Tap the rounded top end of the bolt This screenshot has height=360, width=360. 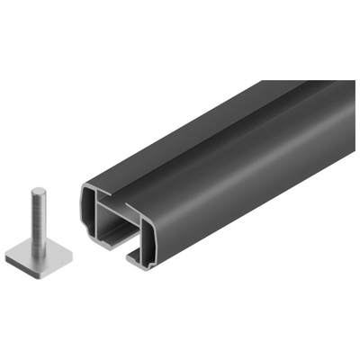click(x=38, y=191)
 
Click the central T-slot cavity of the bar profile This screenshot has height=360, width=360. click(x=118, y=236)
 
